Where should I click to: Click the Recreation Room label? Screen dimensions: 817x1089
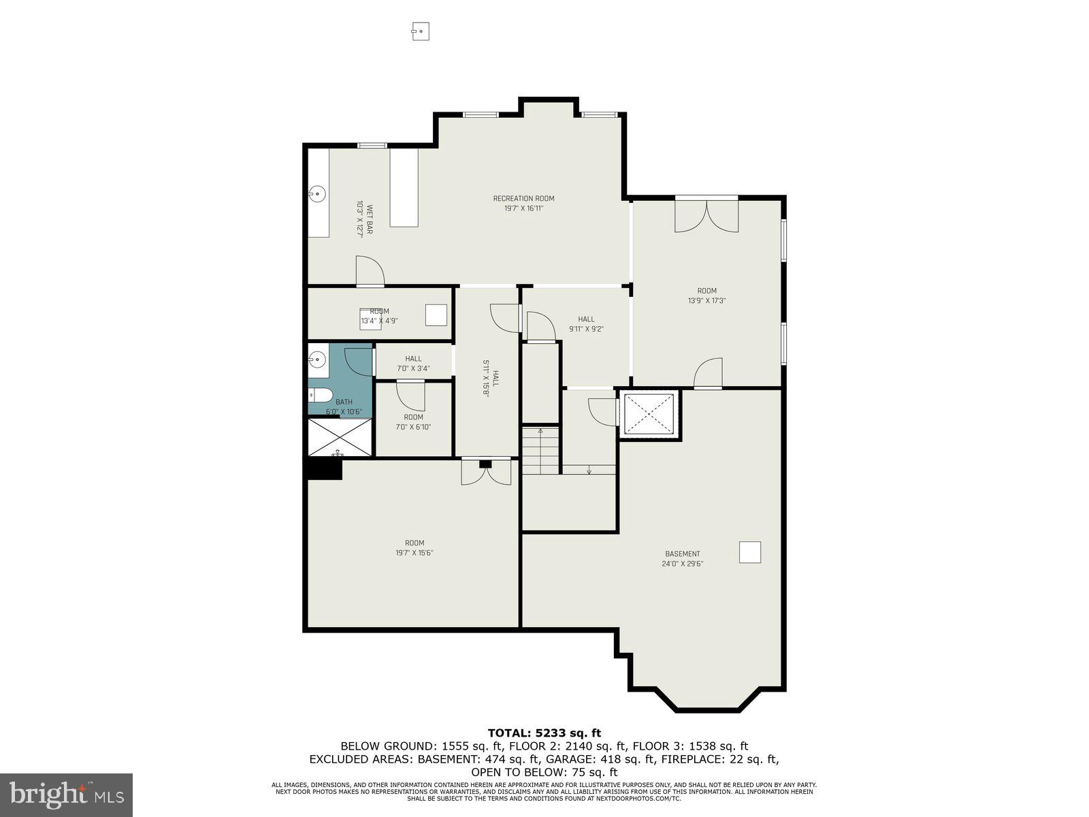(x=523, y=204)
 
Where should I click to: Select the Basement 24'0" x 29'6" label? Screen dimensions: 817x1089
(x=682, y=558)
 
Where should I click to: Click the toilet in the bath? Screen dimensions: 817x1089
(x=320, y=395)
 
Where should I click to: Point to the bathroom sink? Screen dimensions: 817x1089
(x=317, y=358)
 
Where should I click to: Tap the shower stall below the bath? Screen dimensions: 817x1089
(x=340, y=437)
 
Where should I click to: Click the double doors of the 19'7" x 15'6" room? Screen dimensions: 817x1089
(x=485, y=473)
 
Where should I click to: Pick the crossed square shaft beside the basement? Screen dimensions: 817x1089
(x=649, y=414)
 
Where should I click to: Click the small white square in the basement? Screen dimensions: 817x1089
(x=749, y=552)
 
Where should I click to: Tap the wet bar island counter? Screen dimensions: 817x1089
(x=404, y=188)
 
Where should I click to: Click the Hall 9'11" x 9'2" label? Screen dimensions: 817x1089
(x=586, y=323)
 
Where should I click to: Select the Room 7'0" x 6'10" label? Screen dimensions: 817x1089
(x=413, y=422)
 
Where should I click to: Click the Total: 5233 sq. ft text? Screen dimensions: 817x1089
(x=544, y=733)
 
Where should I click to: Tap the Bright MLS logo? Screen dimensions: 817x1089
(x=67, y=794)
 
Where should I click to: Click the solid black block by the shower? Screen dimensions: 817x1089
(x=324, y=469)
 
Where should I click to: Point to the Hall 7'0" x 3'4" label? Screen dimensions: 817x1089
(x=413, y=364)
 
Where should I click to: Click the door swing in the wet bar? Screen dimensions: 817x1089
(x=370, y=271)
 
